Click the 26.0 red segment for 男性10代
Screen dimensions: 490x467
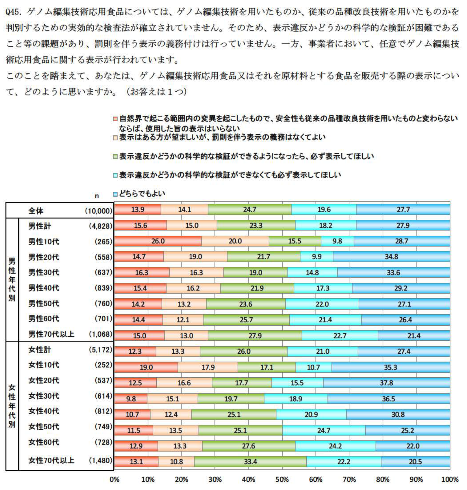coord(158,241)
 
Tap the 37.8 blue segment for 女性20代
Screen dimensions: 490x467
coord(386,383)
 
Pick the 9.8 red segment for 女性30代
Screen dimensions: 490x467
coord(131,399)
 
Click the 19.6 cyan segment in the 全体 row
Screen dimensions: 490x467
coord(324,209)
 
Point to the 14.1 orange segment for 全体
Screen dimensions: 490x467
coord(184,209)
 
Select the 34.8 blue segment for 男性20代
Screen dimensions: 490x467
coord(391,257)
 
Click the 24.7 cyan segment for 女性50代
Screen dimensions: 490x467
coord(324,430)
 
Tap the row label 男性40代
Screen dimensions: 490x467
coord(44,288)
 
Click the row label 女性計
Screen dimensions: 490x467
coord(40,350)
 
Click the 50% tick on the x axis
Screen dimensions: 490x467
coord(282,479)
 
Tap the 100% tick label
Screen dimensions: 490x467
coord(449,479)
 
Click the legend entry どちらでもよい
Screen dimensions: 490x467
coord(142,194)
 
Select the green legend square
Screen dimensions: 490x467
coord(115,157)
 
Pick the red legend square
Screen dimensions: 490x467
coord(115,119)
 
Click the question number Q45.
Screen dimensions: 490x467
coord(15,12)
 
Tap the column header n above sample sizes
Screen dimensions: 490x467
coord(97,196)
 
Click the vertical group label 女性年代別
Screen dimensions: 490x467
coord(12,406)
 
